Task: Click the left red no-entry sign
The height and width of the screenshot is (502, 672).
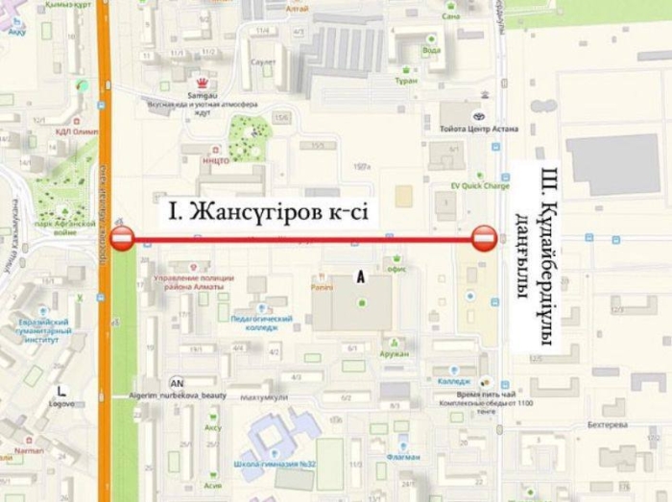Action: [122, 238]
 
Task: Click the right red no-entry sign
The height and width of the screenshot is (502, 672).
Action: [484, 238]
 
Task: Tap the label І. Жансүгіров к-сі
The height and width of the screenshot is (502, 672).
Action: [269, 210]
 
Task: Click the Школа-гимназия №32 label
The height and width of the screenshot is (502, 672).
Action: [272, 464]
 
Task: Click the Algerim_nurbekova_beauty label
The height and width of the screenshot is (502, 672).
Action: [177, 395]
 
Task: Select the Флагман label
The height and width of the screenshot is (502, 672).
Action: [404, 457]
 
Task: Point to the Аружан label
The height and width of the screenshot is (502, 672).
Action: [394, 353]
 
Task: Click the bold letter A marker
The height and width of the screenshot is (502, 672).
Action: [361, 276]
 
